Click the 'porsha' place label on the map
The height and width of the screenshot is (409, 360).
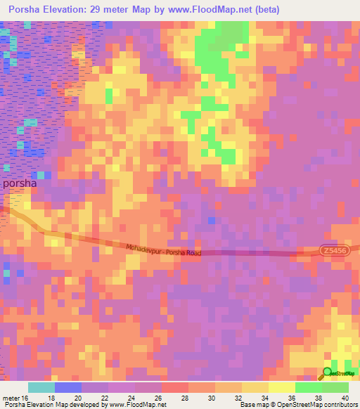pos(24,183)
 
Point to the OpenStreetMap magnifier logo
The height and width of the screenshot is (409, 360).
pos(327,373)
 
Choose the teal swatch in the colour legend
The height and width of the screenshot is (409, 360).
pos(41,387)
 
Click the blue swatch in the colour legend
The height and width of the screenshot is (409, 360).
pos(68,387)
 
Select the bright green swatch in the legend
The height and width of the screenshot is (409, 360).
pos(309,387)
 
